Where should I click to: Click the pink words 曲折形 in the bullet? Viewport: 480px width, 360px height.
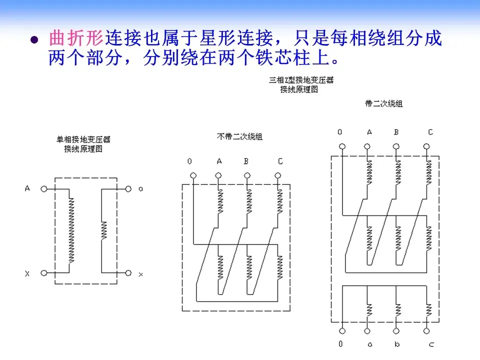[x=76, y=38]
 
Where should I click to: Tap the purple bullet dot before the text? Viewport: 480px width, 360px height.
[x=34, y=40]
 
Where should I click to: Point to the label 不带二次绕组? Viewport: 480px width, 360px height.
[x=239, y=136]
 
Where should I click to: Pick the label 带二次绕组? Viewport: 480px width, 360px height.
[x=383, y=104]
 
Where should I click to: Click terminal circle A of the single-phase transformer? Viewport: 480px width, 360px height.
[x=44, y=189]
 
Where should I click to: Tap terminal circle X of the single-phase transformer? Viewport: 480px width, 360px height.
[x=44, y=273]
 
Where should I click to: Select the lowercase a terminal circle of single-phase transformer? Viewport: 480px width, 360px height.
[x=128, y=189]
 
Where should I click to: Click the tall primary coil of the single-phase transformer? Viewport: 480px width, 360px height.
[x=70, y=230]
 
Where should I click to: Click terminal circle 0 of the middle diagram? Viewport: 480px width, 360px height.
[x=193, y=175]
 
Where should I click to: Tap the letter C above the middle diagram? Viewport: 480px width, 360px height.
[x=280, y=161]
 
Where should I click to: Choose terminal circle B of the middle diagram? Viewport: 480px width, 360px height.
[x=247, y=175]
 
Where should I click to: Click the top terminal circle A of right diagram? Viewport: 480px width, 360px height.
[x=367, y=147]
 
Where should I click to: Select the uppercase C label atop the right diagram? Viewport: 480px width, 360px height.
[x=430, y=132]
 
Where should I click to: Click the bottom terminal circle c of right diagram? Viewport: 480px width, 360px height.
[x=426, y=331]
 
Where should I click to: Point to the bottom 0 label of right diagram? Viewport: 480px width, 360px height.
[x=341, y=344]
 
